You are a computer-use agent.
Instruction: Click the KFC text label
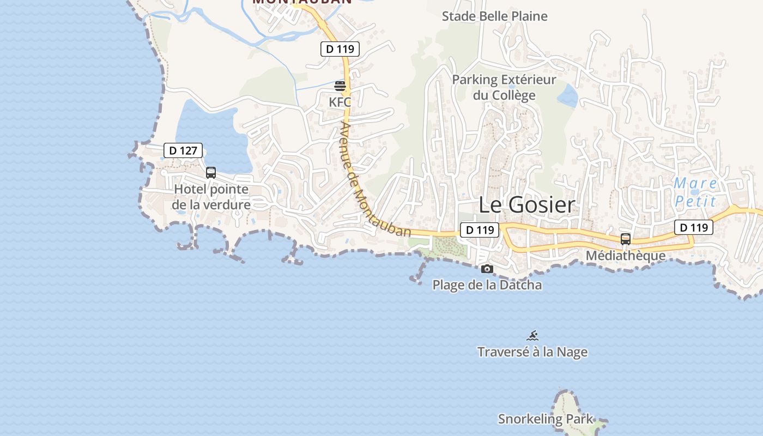tap(340, 102)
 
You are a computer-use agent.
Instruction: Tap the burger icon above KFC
tap(340, 86)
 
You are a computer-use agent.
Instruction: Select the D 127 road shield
tap(183, 150)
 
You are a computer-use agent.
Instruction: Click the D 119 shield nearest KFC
tap(340, 49)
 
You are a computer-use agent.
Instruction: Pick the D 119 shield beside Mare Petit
tap(694, 227)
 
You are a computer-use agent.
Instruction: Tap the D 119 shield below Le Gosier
tap(480, 230)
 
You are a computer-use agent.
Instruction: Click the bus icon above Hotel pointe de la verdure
tap(211, 173)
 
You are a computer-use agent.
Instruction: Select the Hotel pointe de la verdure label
tap(211, 197)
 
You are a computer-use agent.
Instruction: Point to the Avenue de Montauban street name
tap(374, 180)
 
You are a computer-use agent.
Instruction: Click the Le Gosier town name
tap(527, 205)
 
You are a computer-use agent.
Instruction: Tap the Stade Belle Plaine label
tap(494, 16)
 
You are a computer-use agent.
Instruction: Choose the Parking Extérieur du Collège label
tap(504, 87)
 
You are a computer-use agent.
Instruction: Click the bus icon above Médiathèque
tap(626, 239)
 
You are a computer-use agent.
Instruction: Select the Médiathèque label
tap(626, 256)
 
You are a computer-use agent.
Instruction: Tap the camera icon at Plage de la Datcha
tap(487, 269)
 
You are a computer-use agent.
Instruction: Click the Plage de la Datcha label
tap(487, 285)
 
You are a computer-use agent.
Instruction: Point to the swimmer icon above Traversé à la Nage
tap(532, 336)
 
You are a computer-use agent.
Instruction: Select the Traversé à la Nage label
tap(532, 352)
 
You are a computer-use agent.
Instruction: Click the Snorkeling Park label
tap(546, 419)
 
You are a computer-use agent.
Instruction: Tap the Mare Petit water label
tap(695, 192)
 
